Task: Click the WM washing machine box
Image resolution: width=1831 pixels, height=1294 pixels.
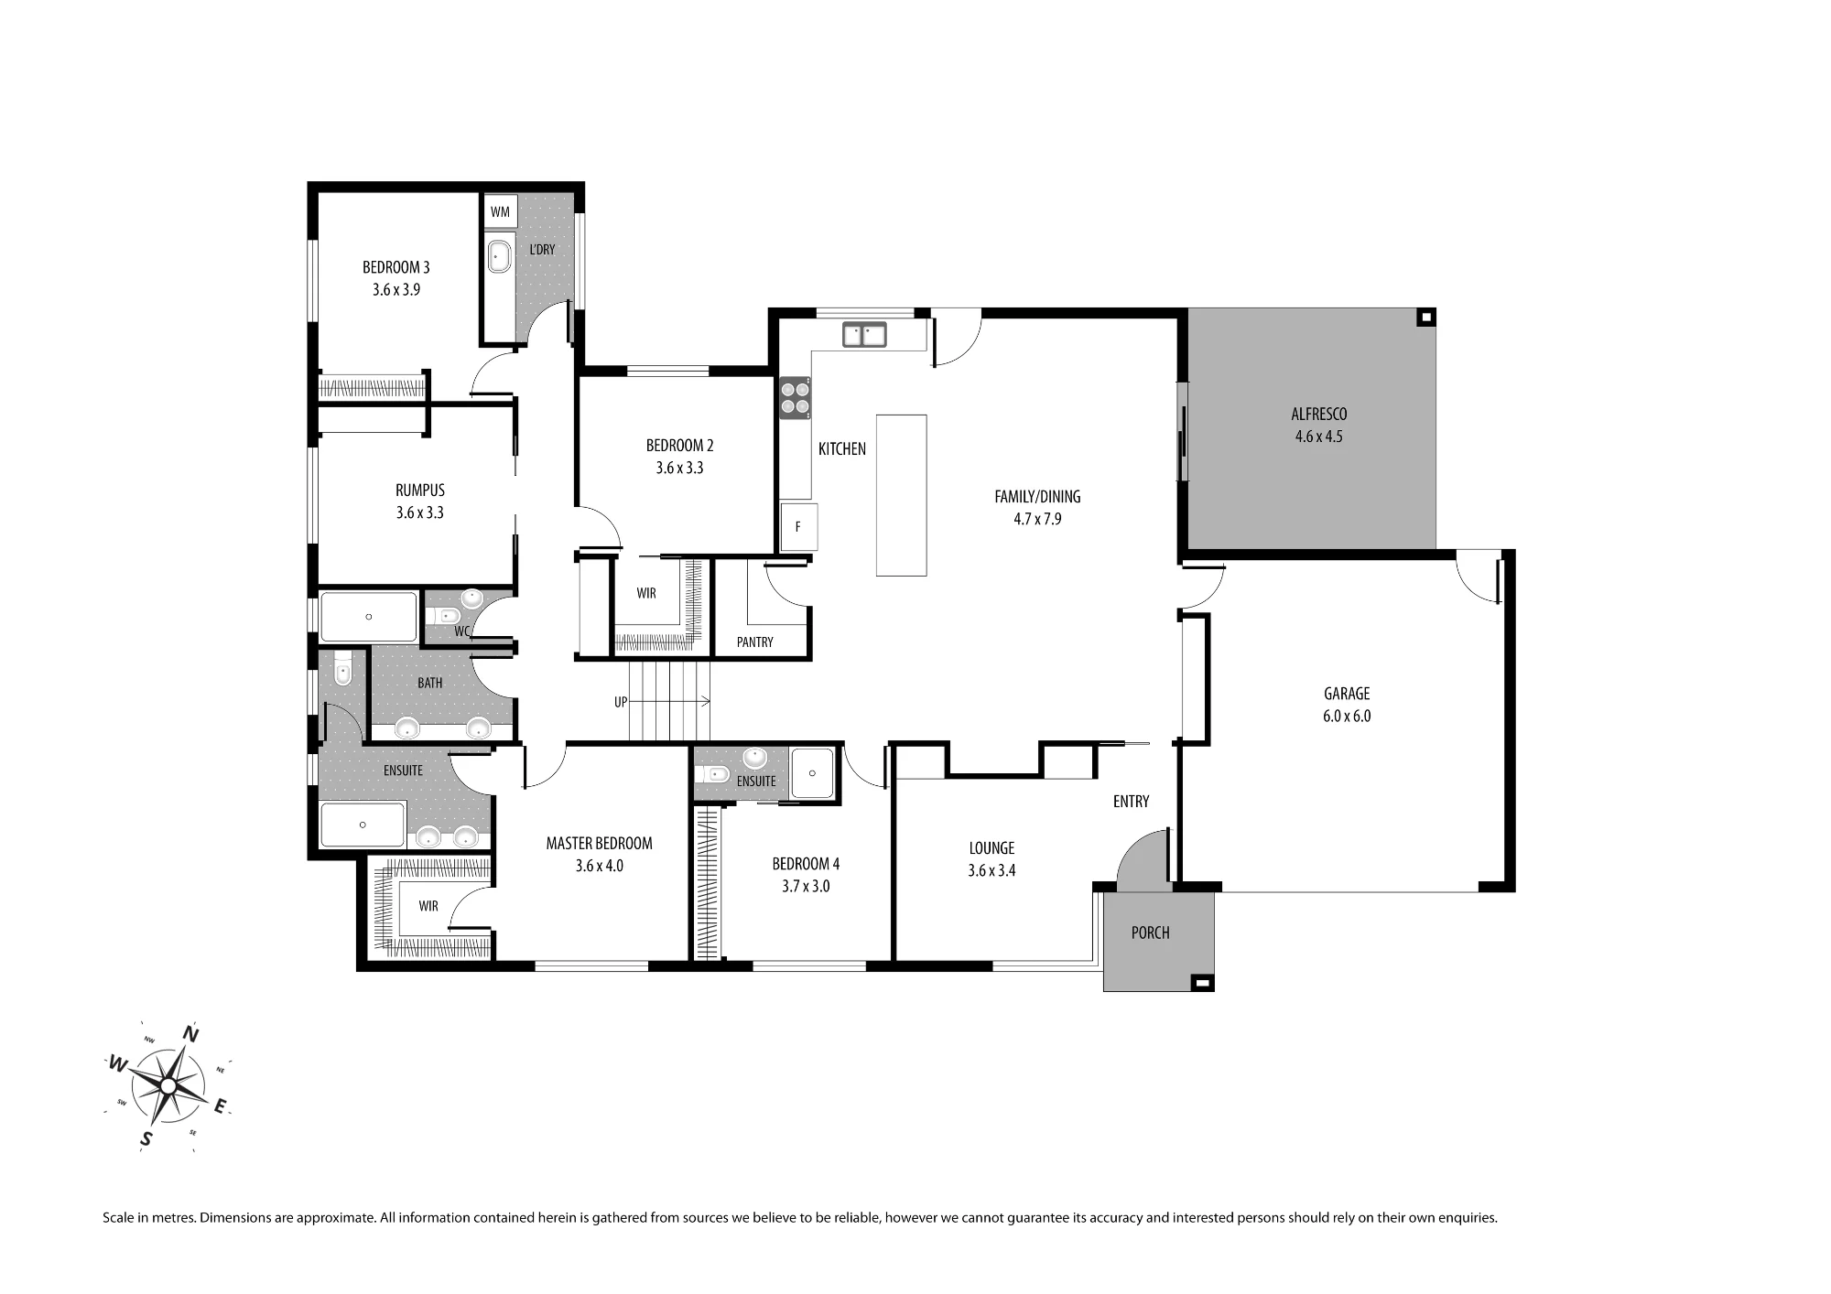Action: coord(500,211)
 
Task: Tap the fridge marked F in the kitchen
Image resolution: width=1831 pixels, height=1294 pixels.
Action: coord(798,527)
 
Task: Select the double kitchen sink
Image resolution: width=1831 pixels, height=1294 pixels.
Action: coord(864,335)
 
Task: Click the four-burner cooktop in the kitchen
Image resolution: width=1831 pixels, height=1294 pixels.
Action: coord(795,398)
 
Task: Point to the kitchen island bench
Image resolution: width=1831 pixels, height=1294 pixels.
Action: coord(901,495)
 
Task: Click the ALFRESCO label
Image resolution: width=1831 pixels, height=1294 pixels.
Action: coord(1318,415)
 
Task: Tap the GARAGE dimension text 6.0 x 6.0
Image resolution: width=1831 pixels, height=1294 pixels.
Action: coord(1347,717)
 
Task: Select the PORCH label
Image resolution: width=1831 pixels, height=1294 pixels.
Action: coord(1150,933)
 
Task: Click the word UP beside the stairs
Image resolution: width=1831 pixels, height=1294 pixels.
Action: coord(621,702)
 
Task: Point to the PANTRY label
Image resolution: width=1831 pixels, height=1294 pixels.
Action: coord(755,642)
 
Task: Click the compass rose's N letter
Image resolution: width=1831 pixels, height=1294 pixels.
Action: coord(191,1034)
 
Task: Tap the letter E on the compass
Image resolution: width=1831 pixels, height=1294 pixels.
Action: coord(220,1107)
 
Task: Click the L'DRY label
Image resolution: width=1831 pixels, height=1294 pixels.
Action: coord(542,250)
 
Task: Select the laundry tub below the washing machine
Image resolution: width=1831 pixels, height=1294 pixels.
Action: coord(499,257)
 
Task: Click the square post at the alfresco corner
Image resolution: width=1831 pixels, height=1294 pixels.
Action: coord(1425,318)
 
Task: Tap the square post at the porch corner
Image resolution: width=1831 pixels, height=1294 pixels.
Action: coord(1204,984)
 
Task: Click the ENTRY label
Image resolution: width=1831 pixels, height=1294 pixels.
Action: coord(1131,802)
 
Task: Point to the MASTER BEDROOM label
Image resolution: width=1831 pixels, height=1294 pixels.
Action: coord(599,844)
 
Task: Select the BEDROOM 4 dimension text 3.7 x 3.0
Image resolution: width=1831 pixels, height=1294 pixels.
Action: coord(806,886)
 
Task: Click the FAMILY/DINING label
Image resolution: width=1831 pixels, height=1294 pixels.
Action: coord(1037,497)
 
